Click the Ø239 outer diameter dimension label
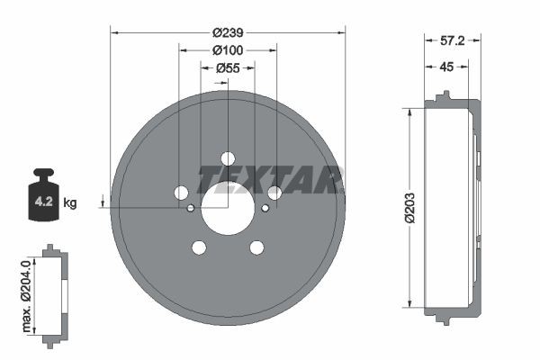(228, 31)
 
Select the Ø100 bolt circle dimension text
(228, 49)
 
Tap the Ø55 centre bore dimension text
(228, 67)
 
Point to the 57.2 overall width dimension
(452, 41)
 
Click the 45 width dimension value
(445, 66)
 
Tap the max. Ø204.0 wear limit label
(26, 294)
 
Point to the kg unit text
(70, 203)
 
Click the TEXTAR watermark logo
(270, 179)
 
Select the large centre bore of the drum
(228, 208)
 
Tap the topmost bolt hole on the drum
(228, 158)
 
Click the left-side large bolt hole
(181, 193)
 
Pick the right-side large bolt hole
(274, 193)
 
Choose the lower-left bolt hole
(199, 247)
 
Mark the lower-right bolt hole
(256, 247)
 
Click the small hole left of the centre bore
(191, 208)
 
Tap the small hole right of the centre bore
(265, 208)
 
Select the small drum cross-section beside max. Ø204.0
(55, 294)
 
